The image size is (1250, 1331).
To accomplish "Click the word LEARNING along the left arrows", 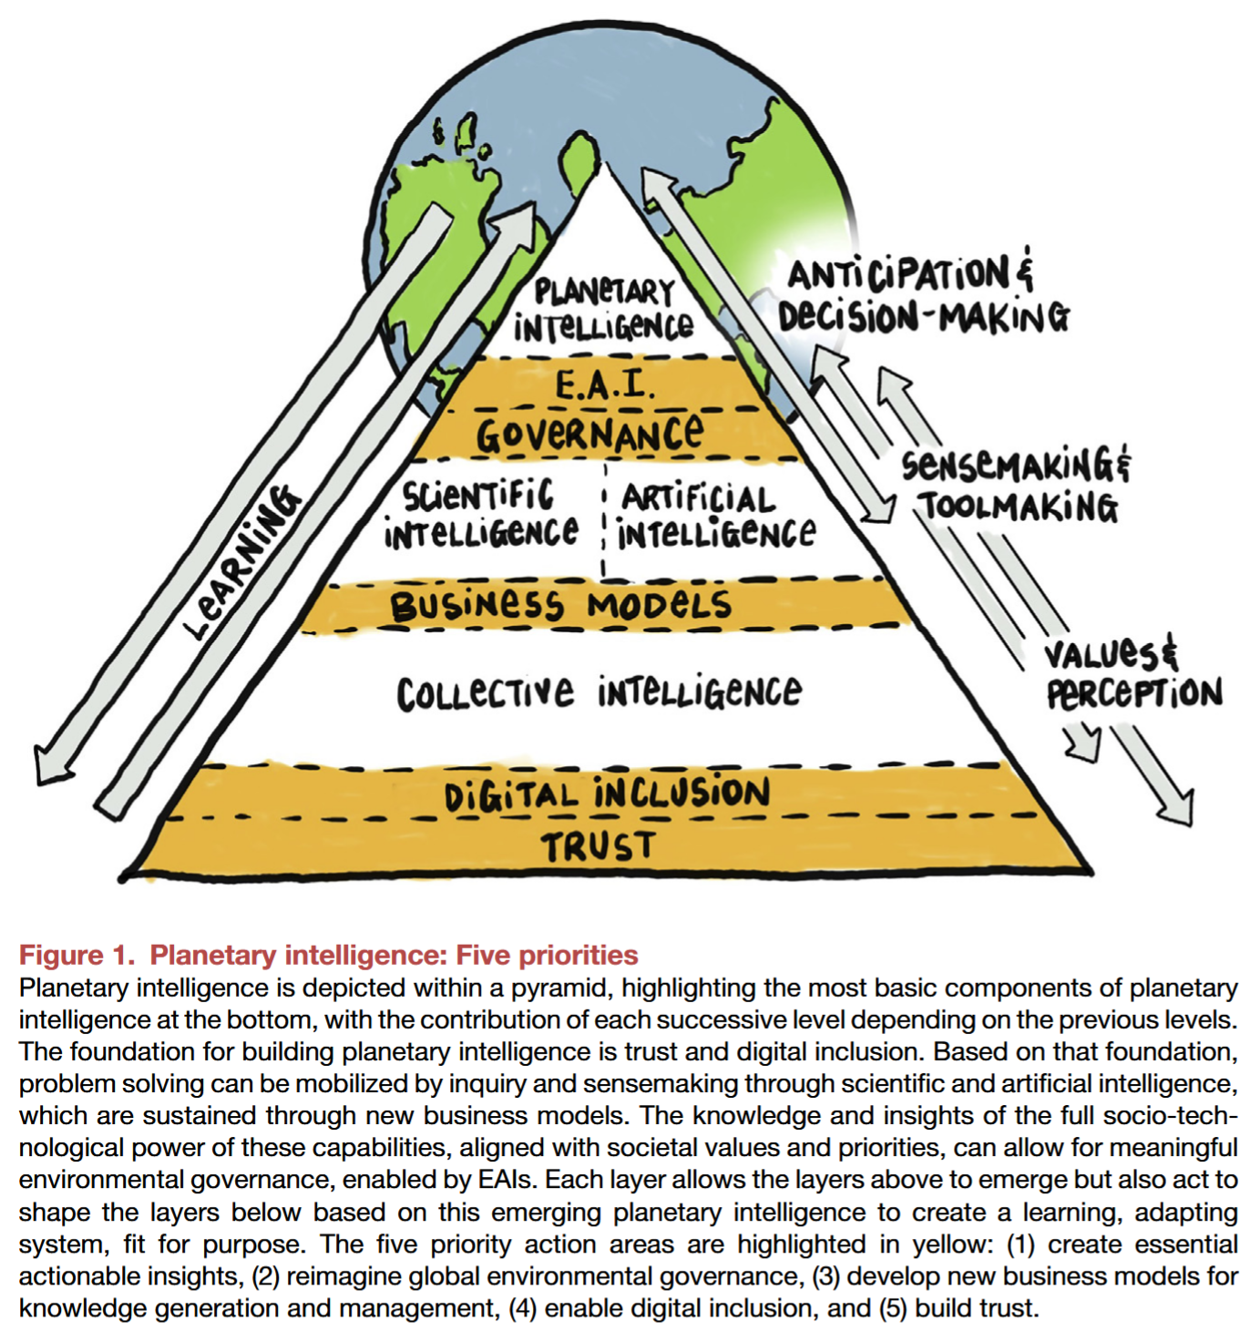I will (241, 562).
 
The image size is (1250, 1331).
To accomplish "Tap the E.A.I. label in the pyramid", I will (605, 385).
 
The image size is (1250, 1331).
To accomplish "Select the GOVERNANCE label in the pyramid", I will (590, 435).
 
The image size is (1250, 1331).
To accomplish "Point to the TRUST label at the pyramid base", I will (599, 846).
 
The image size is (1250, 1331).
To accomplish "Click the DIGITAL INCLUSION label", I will (607, 793).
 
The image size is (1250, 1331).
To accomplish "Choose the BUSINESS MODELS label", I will (560, 605).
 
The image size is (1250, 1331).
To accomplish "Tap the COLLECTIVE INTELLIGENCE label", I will (599, 692).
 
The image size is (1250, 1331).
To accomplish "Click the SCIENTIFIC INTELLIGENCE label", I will (480, 515).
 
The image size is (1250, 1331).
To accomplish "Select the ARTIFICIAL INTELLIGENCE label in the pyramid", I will (715, 517).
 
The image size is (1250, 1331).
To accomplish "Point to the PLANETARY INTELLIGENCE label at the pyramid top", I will (603, 309).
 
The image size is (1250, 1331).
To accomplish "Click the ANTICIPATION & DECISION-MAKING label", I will (922, 295).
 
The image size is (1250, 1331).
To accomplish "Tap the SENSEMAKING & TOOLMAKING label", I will (1017, 486).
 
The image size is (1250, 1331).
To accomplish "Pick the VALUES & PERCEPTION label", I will (1132, 674).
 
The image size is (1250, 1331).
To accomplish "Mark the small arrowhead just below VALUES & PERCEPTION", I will (1086, 742).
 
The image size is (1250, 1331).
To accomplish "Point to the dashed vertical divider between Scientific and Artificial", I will (604, 519).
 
